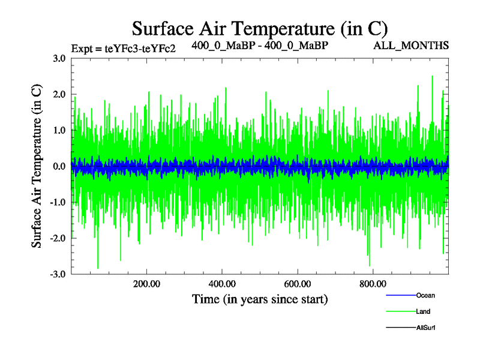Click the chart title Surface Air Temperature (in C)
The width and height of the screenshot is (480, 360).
[x=260, y=28]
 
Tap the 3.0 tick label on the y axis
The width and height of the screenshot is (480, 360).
[x=59, y=58]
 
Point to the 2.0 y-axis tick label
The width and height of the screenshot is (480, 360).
[x=59, y=94]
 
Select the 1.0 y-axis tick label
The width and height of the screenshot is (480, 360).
[x=59, y=130]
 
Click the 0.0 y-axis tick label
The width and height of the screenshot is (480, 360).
[x=59, y=166]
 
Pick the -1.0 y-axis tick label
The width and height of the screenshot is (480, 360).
[x=58, y=202]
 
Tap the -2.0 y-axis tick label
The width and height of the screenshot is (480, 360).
[x=58, y=238]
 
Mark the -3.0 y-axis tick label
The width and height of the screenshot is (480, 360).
[x=58, y=274]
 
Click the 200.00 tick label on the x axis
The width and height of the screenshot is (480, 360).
[x=146, y=284]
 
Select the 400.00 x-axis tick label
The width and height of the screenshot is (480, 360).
[x=222, y=284]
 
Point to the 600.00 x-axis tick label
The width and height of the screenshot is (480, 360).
[x=297, y=284]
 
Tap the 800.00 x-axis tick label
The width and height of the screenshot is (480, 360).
[x=373, y=284]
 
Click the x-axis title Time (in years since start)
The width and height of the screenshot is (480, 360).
[x=260, y=299]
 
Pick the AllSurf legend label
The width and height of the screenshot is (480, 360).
[x=426, y=328]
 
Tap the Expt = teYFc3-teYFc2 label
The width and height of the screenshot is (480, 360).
[x=123, y=49]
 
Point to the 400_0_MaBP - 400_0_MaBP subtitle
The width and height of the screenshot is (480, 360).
[x=260, y=45]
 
